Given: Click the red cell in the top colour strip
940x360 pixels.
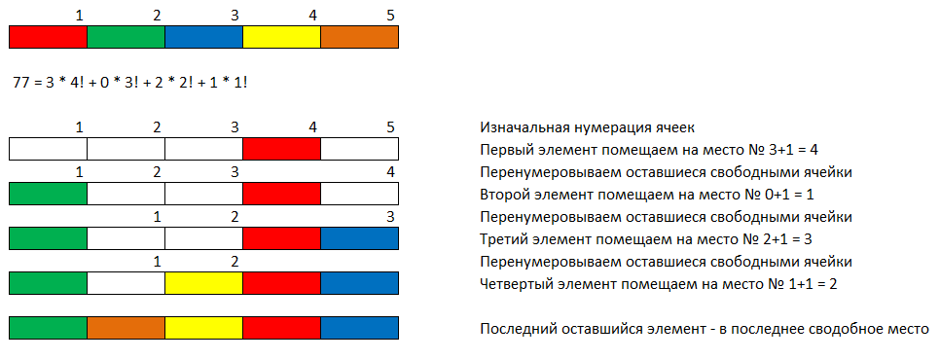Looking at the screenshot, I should (48, 37).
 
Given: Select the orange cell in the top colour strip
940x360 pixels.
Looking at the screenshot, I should (359, 37).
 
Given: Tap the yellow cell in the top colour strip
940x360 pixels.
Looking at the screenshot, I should (281, 37).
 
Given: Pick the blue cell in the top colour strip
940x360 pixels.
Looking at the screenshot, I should (203, 37).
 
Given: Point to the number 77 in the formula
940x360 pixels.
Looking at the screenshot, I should (21, 83).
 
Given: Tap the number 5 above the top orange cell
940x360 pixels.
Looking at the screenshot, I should (389, 17).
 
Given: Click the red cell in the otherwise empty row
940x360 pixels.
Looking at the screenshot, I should (281, 149).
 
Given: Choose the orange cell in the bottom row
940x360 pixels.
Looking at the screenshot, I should (126, 327).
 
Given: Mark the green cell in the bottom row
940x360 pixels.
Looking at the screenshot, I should (48, 327).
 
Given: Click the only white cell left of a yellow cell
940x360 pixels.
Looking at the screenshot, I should (126, 283).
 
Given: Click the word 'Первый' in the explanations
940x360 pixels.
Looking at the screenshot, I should (507, 150).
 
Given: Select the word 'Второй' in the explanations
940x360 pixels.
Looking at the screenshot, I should (505, 195).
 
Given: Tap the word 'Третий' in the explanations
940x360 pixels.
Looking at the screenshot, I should (506, 239).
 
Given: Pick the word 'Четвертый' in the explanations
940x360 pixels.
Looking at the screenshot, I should (517, 284).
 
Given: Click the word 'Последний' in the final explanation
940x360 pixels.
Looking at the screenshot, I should (520, 329).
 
